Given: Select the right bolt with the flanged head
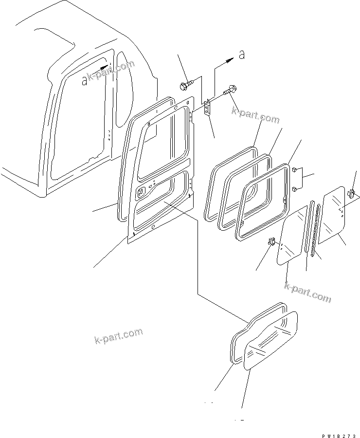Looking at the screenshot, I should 230,90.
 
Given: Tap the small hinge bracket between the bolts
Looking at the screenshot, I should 208,108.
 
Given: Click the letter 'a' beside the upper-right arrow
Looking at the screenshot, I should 241,55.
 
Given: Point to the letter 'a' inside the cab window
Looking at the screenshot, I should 85,80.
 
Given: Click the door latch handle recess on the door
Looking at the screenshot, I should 143,192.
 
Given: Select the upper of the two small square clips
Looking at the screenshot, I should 295,170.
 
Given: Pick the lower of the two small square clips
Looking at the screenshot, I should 295,187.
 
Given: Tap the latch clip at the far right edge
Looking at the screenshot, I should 352,194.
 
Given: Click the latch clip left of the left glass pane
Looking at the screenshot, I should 272,241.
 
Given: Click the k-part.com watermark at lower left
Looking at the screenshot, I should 118,336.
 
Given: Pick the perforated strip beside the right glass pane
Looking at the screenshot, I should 317,224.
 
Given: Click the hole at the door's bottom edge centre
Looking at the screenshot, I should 153,227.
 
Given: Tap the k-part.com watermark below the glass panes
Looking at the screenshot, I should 307,292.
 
